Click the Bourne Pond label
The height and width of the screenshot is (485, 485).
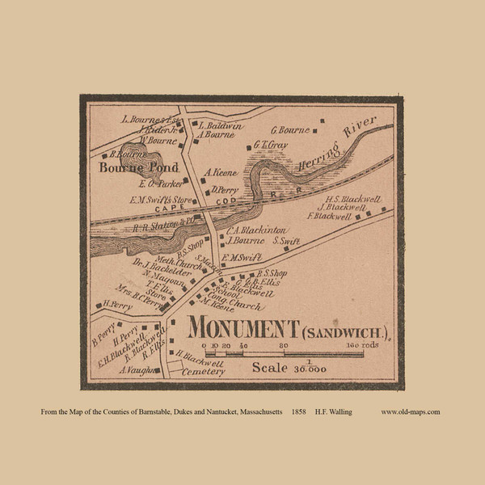coord(133,168)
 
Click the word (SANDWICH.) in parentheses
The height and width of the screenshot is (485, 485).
coord(348,331)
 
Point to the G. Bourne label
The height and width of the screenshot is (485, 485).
coord(290,129)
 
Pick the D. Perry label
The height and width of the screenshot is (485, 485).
coord(222,191)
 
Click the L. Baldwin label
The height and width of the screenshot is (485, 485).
coord(220,126)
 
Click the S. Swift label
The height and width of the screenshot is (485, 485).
coord(286,240)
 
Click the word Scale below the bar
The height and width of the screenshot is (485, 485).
coord(270,367)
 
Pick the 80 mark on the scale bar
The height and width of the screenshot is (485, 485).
coord(284,345)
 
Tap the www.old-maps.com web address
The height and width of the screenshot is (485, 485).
coord(410,412)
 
